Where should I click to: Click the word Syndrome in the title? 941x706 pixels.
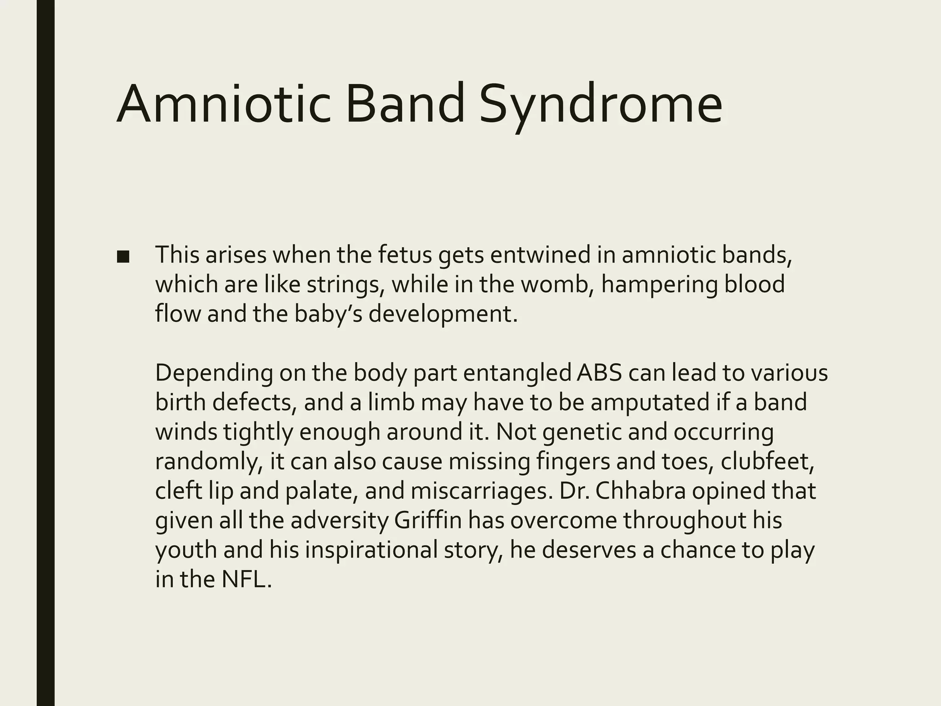point(601,105)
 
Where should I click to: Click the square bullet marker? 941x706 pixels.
point(123,257)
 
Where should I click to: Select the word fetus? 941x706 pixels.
point(405,255)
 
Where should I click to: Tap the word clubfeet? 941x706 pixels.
point(767,461)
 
